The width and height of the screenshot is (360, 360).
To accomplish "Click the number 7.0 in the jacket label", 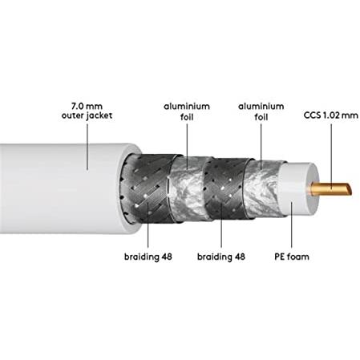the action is [x=78, y=106].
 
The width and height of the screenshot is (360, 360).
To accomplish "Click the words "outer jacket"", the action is [x=87, y=115].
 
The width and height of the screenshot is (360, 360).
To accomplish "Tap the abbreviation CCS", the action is [x=313, y=115].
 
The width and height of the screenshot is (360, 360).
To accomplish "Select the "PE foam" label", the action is [x=292, y=257].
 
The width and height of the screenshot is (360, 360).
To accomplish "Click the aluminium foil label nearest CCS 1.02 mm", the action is [x=261, y=111].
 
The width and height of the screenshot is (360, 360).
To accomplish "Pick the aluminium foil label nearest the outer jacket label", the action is [x=187, y=111].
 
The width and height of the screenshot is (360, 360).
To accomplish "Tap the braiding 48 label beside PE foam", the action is [x=221, y=257].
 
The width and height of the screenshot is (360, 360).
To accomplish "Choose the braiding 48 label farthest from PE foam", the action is [x=148, y=257].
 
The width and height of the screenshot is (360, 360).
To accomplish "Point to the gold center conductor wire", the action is [x=330, y=189].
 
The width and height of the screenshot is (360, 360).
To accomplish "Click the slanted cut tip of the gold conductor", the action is [x=349, y=189].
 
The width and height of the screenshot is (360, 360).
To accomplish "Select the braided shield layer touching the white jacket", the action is [x=146, y=188].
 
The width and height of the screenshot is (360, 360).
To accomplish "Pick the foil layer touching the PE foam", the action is [x=263, y=188].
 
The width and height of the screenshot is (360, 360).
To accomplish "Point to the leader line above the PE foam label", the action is [x=292, y=224].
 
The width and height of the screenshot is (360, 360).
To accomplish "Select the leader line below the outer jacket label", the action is [x=87, y=147].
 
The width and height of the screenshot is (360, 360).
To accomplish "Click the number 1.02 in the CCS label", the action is [x=330, y=115].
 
